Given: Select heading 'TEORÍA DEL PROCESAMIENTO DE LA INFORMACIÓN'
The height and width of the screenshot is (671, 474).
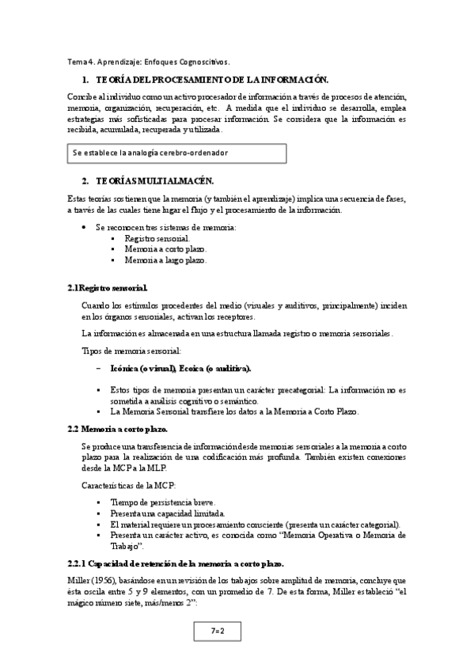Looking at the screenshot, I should [x=211, y=81].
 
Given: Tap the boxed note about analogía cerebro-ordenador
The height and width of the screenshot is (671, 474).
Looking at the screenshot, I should [x=176, y=152].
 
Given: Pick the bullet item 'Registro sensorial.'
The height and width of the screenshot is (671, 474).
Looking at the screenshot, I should [x=157, y=238].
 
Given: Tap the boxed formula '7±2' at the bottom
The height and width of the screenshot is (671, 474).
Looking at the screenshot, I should [x=218, y=631].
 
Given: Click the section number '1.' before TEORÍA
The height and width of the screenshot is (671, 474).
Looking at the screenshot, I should [x=85, y=81].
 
